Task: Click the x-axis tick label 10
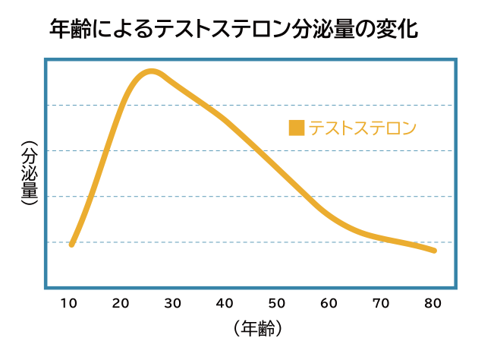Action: pos(69,304)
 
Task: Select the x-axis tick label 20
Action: pos(121,304)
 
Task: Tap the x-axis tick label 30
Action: pos(173,304)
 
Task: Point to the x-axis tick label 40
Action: pos(225,304)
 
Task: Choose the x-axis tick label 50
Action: pos(277,304)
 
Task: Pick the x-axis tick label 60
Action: pos(329,304)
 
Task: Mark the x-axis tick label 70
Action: pos(381,304)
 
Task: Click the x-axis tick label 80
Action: pos(433,304)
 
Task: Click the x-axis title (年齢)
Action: pos(258,329)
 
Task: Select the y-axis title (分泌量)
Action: pos(27,175)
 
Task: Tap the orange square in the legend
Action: pos(297,128)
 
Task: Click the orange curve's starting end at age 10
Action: pos(71,244)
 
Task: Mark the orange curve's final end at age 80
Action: pos(434,250)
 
